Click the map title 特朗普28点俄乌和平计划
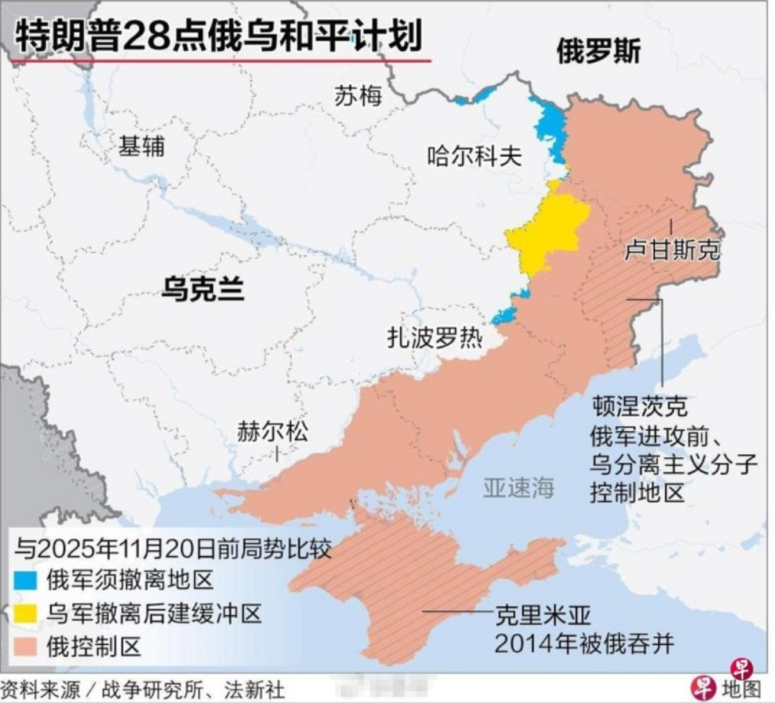point(219,36)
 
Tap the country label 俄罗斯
point(598,52)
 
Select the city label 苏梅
point(358,96)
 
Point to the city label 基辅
point(141,147)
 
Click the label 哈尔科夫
point(474,156)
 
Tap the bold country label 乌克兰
point(203,289)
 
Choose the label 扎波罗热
point(435,337)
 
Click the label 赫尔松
point(273,433)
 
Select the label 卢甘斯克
point(672,250)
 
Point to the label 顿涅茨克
point(639,406)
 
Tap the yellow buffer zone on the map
point(549,230)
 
